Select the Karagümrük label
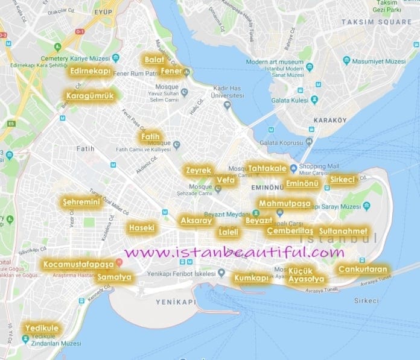tap(90, 95)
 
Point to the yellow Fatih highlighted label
tap(150, 137)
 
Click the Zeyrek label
tap(199, 171)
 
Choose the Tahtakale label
tap(266, 168)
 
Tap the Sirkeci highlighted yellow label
tap(343, 180)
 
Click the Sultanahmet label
tap(343, 231)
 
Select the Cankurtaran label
tap(363, 268)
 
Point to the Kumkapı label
tap(251, 278)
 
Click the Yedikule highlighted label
tap(42, 327)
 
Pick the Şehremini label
tap(81, 202)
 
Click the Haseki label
tap(142, 228)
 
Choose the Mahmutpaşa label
tap(285, 204)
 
